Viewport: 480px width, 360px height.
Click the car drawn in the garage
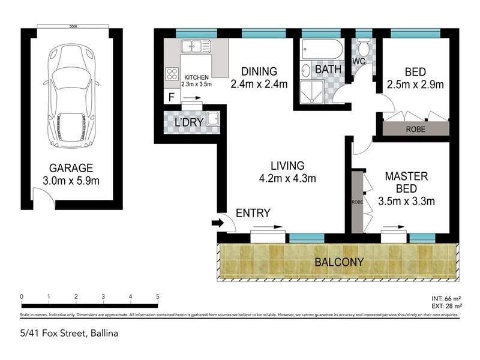pos(71,91)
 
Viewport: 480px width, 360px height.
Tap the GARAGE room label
pos(71,169)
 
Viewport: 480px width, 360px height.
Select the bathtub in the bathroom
pos(322,49)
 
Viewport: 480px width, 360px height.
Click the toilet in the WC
pos(363,47)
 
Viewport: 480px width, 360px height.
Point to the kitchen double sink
pos(196,45)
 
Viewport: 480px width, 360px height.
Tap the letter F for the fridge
pos(172,97)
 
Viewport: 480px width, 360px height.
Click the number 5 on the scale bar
pos(157,296)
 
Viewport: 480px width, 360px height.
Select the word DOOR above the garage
pos(73,26)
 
